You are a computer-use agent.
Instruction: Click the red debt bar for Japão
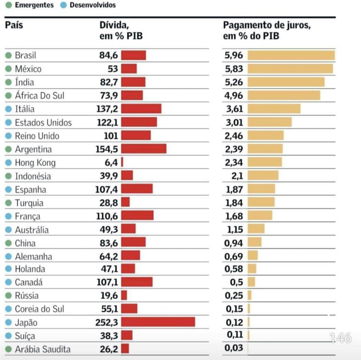click(158, 322)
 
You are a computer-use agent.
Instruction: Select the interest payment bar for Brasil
click(291, 55)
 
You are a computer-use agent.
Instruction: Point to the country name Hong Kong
click(35, 162)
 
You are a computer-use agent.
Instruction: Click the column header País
click(14, 25)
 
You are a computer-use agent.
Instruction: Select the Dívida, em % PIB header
click(121, 30)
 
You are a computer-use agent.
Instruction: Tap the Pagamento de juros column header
click(267, 30)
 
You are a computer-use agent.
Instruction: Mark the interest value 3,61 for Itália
click(234, 109)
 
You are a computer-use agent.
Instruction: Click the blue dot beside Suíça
click(8, 336)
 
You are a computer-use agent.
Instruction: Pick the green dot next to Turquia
click(8, 203)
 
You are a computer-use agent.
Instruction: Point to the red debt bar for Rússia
click(124, 295)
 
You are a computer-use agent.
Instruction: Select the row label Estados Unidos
click(43, 122)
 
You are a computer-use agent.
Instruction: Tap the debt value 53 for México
click(113, 68)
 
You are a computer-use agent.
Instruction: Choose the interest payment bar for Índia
click(286, 82)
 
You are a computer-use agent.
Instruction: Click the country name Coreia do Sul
click(39, 309)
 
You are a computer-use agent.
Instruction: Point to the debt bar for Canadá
click(137, 282)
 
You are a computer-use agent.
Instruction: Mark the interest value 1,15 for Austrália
click(235, 229)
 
